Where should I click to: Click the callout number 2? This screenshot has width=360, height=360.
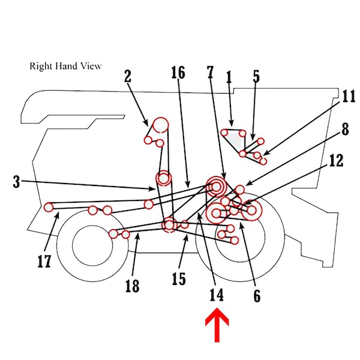[x=127, y=76]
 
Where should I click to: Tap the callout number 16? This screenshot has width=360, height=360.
[x=178, y=73]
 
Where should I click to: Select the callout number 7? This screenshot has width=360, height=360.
[x=210, y=73]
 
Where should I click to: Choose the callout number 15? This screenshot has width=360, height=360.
[x=178, y=278]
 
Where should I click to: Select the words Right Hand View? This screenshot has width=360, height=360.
[x=65, y=65]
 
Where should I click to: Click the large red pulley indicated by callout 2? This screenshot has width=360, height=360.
[x=160, y=125]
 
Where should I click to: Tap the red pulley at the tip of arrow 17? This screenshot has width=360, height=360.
[x=49, y=207]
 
